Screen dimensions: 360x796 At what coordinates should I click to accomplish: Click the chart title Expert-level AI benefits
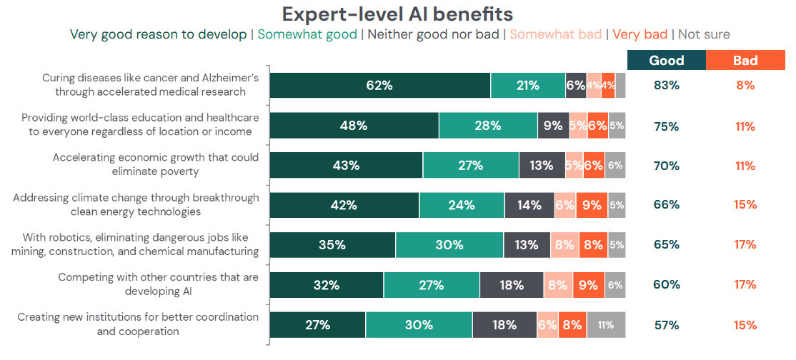[397, 14]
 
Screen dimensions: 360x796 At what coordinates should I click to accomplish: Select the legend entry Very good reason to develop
[157, 34]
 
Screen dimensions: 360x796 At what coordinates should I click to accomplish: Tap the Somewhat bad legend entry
[555, 34]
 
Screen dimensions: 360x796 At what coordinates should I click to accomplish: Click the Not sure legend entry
[704, 34]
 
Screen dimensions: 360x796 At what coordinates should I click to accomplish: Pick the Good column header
[666, 61]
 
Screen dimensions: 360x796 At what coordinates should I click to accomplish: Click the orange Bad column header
[745, 61]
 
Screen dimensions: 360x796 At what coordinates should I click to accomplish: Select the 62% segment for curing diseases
[379, 86]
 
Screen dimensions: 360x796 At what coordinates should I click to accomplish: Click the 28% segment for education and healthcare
[487, 126]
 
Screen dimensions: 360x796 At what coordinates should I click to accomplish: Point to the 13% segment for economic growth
[542, 166]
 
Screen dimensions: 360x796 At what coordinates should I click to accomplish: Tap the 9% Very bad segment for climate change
[592, 206]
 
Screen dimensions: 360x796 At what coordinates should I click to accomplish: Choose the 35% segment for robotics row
[332, 245]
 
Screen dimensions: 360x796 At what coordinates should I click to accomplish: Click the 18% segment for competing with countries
[512, 285]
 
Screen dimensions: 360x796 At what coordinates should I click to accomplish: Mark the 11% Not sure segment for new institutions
[606, 325]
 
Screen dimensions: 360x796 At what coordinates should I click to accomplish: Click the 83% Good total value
[666, 86]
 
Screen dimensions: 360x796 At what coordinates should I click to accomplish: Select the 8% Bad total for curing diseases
[745, 86]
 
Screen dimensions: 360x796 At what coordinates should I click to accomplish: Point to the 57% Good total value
[666, 325]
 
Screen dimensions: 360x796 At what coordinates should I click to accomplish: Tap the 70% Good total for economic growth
[666, 166]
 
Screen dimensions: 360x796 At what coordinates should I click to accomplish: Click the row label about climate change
[136, 205]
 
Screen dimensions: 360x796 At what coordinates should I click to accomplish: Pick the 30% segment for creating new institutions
[419, 325]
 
